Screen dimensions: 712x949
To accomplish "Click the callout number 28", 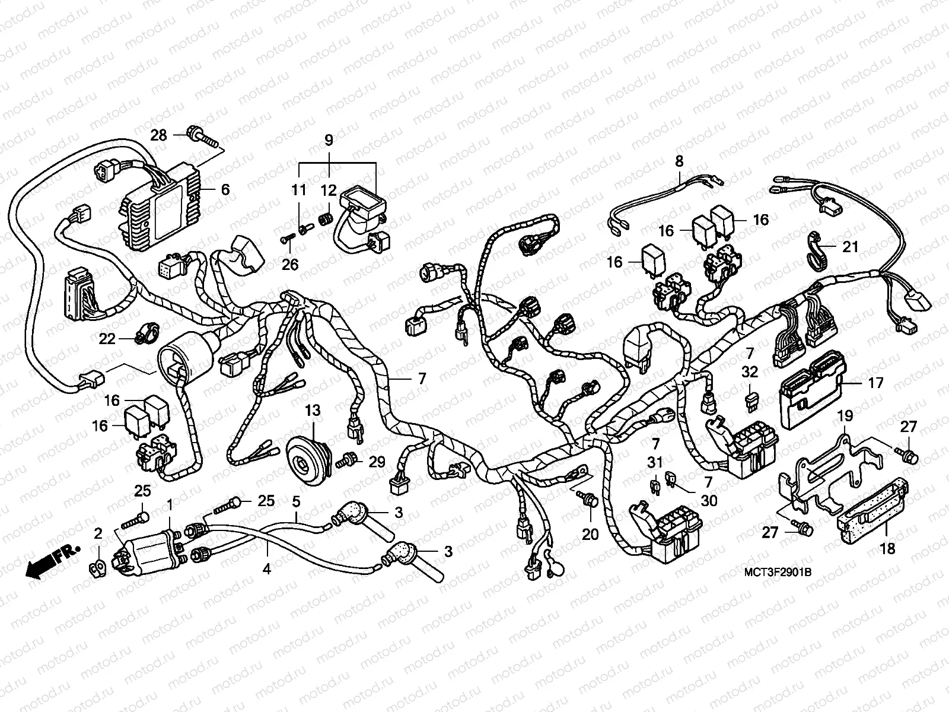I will pos(158,135).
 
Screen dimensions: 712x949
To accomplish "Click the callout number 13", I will pos(313,409).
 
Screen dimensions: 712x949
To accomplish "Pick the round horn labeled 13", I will pos(308,454).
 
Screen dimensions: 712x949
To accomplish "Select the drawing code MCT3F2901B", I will pos(777,572).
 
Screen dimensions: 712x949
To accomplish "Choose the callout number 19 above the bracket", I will pos(845,415).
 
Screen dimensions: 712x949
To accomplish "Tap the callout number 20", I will pos(590,534).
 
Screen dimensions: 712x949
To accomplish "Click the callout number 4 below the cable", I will pos(267,569).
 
